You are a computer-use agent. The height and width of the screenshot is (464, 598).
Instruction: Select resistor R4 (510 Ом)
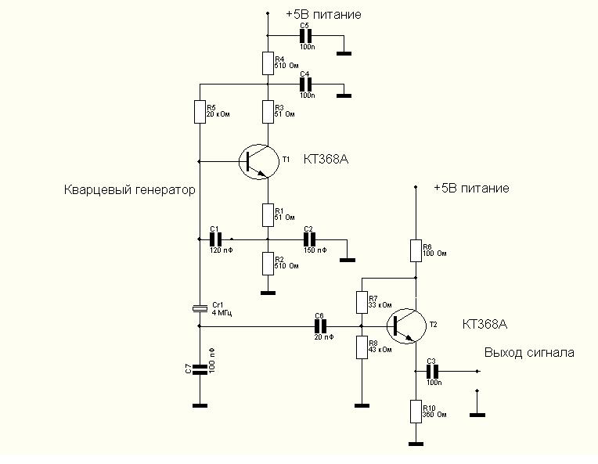pos(268,63)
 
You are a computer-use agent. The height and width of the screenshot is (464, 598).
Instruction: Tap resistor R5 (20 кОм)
pos(200,111)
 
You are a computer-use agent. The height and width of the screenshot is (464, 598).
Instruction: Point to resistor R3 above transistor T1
pos(268,111)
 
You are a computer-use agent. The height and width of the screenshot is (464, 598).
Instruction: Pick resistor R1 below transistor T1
pos(268,214)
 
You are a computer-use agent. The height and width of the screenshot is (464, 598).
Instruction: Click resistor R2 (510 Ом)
pos(268,263)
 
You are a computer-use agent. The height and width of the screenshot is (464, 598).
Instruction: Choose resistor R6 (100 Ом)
pos(415,250)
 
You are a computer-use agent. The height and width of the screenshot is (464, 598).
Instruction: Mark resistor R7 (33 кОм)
pos(362,301)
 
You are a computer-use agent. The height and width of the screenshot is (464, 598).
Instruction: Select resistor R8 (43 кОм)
pos(362,346)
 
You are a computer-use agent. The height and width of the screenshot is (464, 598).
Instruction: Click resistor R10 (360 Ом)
pos(415,410)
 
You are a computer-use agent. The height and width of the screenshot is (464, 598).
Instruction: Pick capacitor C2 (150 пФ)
pos(309,239)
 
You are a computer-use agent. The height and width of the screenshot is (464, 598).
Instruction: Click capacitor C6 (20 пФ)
pos(319,326)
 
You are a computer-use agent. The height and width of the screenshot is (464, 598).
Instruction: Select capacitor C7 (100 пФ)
pos(200,367)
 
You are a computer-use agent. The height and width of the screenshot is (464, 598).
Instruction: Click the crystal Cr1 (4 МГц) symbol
pos(200,308)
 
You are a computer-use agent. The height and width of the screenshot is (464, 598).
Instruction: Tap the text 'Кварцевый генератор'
pos(130,190)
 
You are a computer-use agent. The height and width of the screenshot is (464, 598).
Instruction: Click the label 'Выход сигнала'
pos(529,352)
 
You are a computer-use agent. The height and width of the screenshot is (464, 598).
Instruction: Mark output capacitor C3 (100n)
pos(430,372)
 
